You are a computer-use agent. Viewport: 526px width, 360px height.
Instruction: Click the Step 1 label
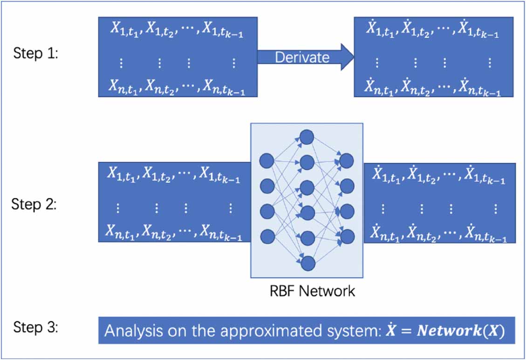click(35, 54)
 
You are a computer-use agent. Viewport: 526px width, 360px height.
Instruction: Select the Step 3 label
click(35, 327)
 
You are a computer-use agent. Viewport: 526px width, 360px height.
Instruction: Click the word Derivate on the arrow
click(302, 57)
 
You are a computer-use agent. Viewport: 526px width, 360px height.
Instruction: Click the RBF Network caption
click(312, 292)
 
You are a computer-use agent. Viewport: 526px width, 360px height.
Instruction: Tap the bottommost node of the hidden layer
click(307, 264)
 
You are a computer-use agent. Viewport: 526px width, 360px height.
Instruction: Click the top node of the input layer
click(267, 161)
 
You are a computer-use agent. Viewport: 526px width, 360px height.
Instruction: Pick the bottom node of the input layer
click(267, 237)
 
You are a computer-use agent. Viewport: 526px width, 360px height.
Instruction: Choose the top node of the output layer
click(347, 161)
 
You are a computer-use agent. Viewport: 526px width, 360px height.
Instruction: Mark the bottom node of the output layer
click(347, 237)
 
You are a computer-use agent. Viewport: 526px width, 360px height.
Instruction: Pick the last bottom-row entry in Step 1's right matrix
click(479, 87)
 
